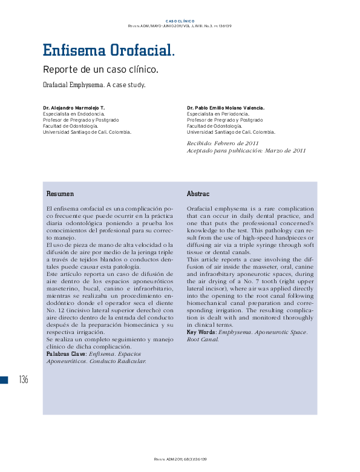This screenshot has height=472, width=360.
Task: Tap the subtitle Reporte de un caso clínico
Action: (x=100, y=69)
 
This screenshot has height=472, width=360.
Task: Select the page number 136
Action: (x=24, y=379)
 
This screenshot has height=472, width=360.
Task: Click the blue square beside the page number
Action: (x=4, y=379)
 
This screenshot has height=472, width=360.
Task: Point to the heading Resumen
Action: (x=61, y=194)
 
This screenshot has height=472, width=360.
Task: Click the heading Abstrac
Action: (x=198, y=194)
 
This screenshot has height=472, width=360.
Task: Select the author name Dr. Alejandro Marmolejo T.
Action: (x=74, y=108)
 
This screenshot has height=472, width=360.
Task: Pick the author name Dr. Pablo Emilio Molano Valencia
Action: (x=226, y=108)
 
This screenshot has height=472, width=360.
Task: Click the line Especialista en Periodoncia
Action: (x=217, y=114)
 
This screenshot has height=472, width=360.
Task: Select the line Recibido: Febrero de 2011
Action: (x=223, y=143)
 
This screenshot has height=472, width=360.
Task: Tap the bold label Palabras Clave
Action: (x=67, y=354)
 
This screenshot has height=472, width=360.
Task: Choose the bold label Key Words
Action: (x=202, y=332)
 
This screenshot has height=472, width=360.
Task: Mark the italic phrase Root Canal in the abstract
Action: (x=203, y=339)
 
